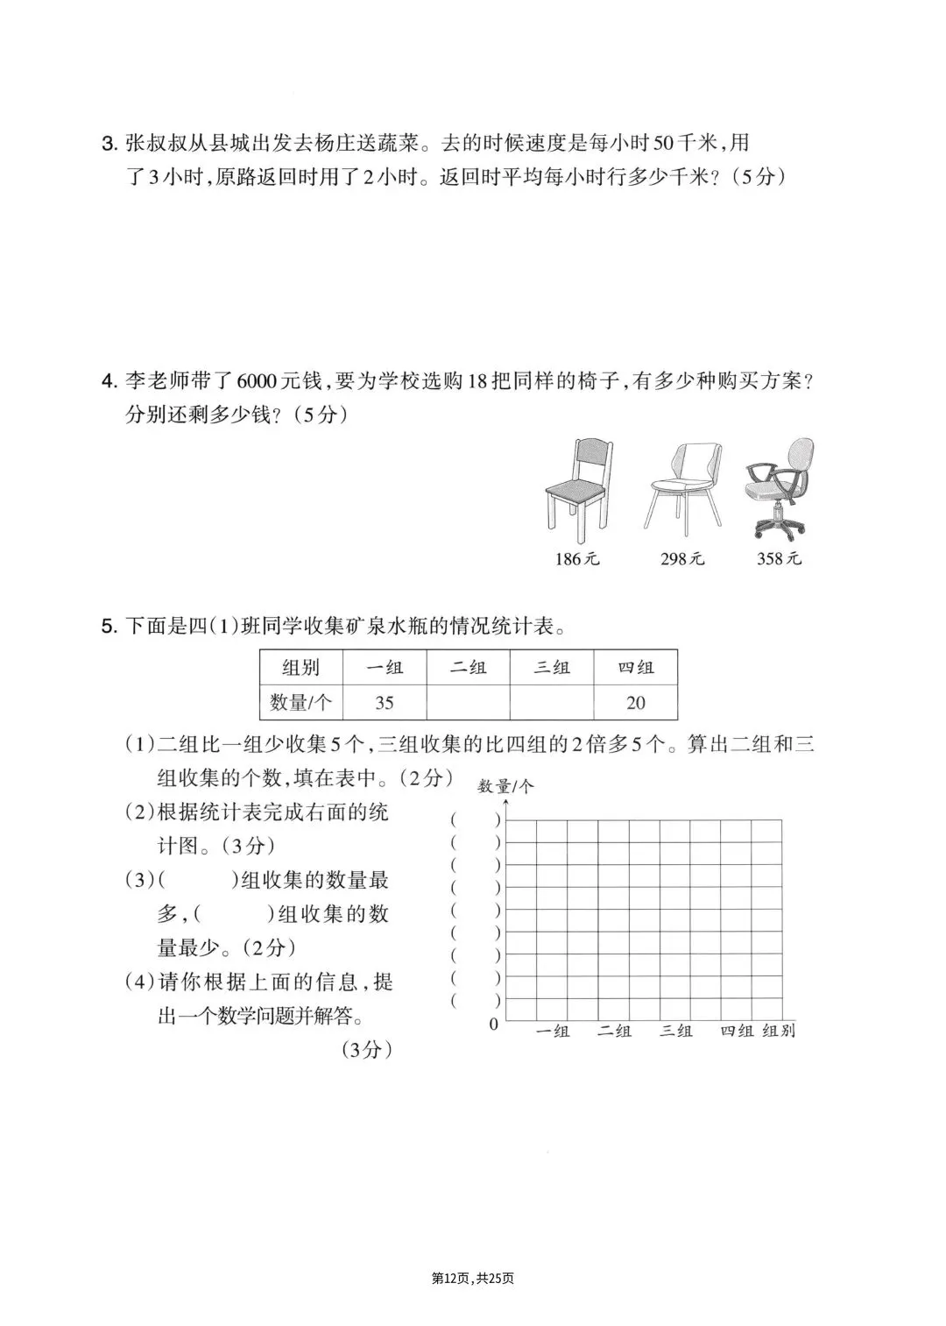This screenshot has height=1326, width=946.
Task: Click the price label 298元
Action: point(682,558)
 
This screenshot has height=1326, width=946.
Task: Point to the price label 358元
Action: point(779,558)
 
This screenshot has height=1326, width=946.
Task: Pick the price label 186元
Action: point(577,558)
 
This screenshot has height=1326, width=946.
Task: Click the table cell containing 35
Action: point(385,702)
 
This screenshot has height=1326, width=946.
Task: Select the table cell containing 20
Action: point(635,702)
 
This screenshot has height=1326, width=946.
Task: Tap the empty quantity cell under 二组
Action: point(468,702)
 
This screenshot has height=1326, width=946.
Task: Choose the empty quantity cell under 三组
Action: point(552,702)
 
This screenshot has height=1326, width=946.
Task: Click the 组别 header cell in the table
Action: point(301,668)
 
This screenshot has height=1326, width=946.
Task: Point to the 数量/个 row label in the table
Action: point(301,702)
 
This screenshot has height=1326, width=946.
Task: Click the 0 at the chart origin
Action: point(494,1024)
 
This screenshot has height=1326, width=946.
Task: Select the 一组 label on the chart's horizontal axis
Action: point(552,1031)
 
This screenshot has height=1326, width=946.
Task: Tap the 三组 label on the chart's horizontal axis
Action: point(675,1031)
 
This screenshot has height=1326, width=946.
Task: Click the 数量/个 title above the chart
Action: point(505,786)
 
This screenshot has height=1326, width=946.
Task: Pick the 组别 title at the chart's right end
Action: point(779,1031)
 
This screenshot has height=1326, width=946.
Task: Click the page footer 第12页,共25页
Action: point(473,1279)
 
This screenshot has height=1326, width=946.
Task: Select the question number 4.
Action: point(109,382)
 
